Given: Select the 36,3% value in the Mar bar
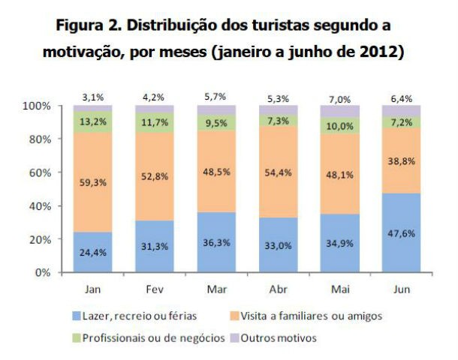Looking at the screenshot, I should pyautogui.click(x=217, y=243).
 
